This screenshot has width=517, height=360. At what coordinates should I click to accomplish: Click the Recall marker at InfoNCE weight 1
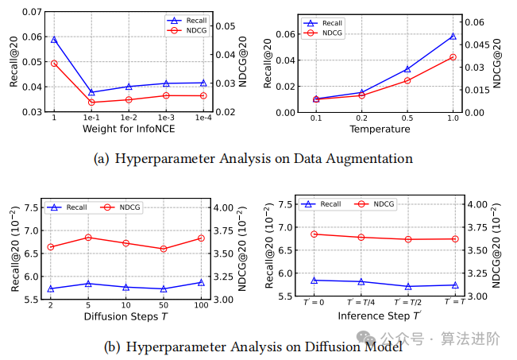tap(54, 39)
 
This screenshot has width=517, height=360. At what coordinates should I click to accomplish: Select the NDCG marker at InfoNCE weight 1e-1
tap(91, 102)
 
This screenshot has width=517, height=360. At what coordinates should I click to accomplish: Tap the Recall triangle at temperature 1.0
tap(453, 36)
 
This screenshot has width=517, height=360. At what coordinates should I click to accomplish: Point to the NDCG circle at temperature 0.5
tap(407, 80)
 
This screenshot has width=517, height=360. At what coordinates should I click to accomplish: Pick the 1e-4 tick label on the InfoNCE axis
tap(203, 118)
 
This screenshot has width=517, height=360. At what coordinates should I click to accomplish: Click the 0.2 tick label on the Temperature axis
tap(361, 118)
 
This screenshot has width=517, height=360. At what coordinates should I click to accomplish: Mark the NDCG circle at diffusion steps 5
tap(88, 238)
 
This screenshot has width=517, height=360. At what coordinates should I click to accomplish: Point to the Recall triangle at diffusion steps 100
tap(201, 282)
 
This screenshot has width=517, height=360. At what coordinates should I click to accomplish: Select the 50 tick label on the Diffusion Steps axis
tap(163, 305)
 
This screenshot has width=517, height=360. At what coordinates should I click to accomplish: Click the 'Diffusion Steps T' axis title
tap(125, 316)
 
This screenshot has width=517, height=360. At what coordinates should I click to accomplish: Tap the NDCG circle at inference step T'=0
tap(314, 234)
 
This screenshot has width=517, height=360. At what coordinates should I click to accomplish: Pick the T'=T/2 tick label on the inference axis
tap(407, 303)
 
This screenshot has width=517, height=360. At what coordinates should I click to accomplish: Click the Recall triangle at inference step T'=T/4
tap(361, 281)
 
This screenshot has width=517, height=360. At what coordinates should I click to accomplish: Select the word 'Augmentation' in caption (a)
tap(372, 158)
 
